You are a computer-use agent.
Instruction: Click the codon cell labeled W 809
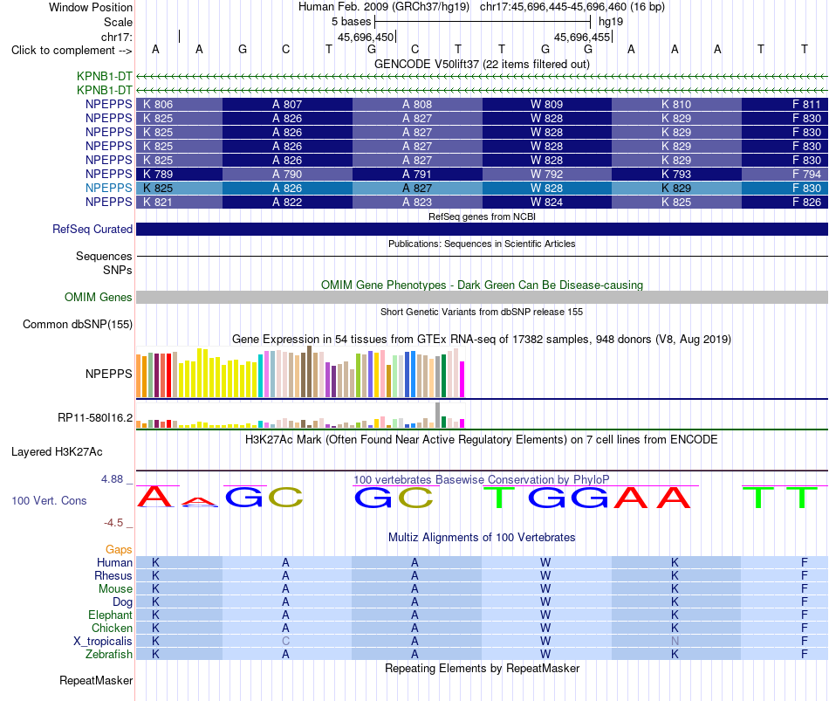pos(546,104)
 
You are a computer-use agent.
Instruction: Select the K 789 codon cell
pos(179,174)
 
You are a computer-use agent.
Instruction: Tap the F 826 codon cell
pos(784,203)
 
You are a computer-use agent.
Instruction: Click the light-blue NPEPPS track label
pos(108,188)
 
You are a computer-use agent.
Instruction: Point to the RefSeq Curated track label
pos(92,229)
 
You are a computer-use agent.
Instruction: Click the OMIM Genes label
pos(99,298)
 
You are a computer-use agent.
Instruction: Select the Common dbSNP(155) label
pos(78,325)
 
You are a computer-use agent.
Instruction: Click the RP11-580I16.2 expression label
pos(95,418)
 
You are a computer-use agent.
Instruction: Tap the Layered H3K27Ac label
pos(57,452)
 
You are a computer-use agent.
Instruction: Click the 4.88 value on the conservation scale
pos(112,479)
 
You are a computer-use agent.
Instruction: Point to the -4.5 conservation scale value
pos(113,523)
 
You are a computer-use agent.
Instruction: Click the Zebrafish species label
pos(109,655)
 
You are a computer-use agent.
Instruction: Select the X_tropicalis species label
pos(103,642)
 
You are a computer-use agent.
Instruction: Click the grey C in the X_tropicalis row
pos(285,642)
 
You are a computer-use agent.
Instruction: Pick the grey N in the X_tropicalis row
pos(675,642)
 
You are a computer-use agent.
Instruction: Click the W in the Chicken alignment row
pos(545,628)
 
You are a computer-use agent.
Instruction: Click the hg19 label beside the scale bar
pos(611,22)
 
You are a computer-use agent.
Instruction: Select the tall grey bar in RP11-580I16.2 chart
pos(438,416)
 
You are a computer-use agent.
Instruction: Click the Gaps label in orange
pos(119,550)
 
